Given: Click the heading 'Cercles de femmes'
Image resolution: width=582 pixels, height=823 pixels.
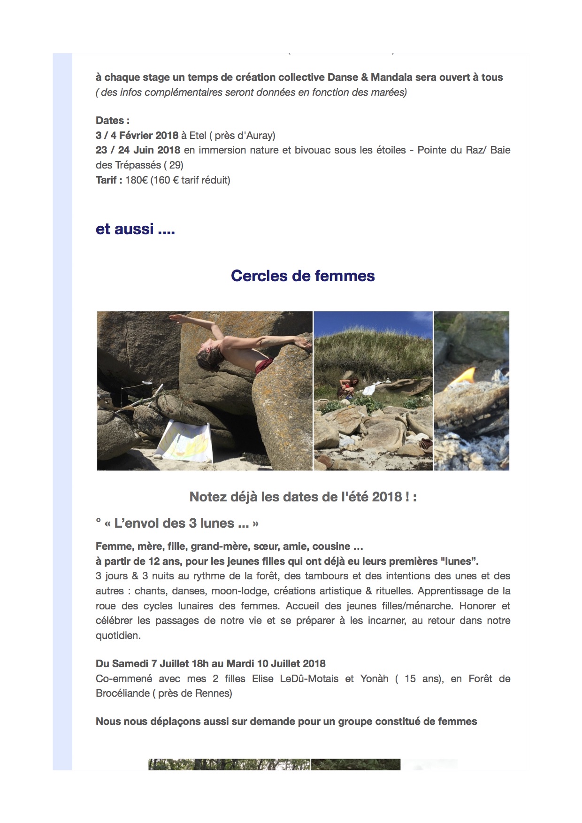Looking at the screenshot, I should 303,276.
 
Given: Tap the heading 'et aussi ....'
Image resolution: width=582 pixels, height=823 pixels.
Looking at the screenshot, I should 135,229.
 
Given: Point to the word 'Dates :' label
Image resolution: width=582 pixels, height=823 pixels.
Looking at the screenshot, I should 113,121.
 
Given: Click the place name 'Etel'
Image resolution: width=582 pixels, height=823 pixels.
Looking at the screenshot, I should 198,136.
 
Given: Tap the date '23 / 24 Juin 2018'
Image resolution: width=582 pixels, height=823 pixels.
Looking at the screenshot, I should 138,150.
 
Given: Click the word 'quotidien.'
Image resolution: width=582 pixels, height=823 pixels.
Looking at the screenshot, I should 118,636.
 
